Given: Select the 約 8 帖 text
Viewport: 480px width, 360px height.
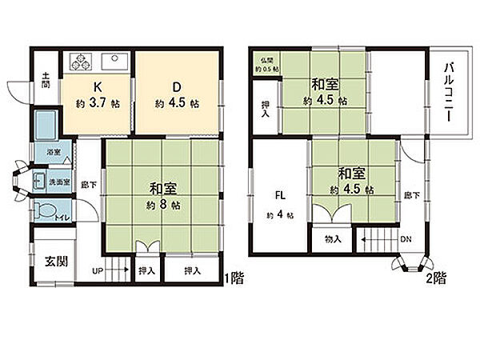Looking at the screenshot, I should click(162, 206).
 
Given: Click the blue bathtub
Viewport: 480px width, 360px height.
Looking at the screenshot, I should click(46, 124).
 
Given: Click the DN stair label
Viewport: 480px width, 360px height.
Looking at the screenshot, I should click(406, 238).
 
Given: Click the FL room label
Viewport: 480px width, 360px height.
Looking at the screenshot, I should click(280, 194).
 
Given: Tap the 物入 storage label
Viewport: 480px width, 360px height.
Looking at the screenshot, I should click(333, 238).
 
